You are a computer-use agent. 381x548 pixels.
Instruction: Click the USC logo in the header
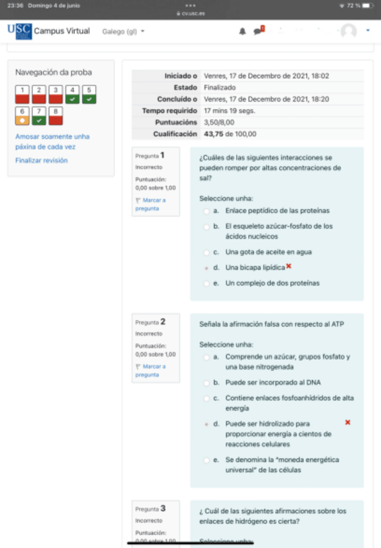tap(19, 31)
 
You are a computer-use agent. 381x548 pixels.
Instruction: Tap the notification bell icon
tap(243, 31)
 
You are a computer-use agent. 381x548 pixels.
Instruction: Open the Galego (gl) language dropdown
tap(124, 31)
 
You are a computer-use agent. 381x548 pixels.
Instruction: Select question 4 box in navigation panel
tap(73, 94)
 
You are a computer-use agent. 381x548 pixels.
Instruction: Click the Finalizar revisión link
tap(41, 160)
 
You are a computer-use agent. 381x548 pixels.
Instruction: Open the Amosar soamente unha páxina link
tap(52, 141)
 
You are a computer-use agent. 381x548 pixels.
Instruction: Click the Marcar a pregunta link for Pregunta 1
tap(150, 204)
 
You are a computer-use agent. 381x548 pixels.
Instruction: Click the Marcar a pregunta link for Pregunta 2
tap(150, 370)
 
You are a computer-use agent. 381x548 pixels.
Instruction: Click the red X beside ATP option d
tap(347, 422)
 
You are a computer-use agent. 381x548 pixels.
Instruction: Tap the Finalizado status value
tap(219, 87)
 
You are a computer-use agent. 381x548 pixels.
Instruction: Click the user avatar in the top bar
tap(349, 31)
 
